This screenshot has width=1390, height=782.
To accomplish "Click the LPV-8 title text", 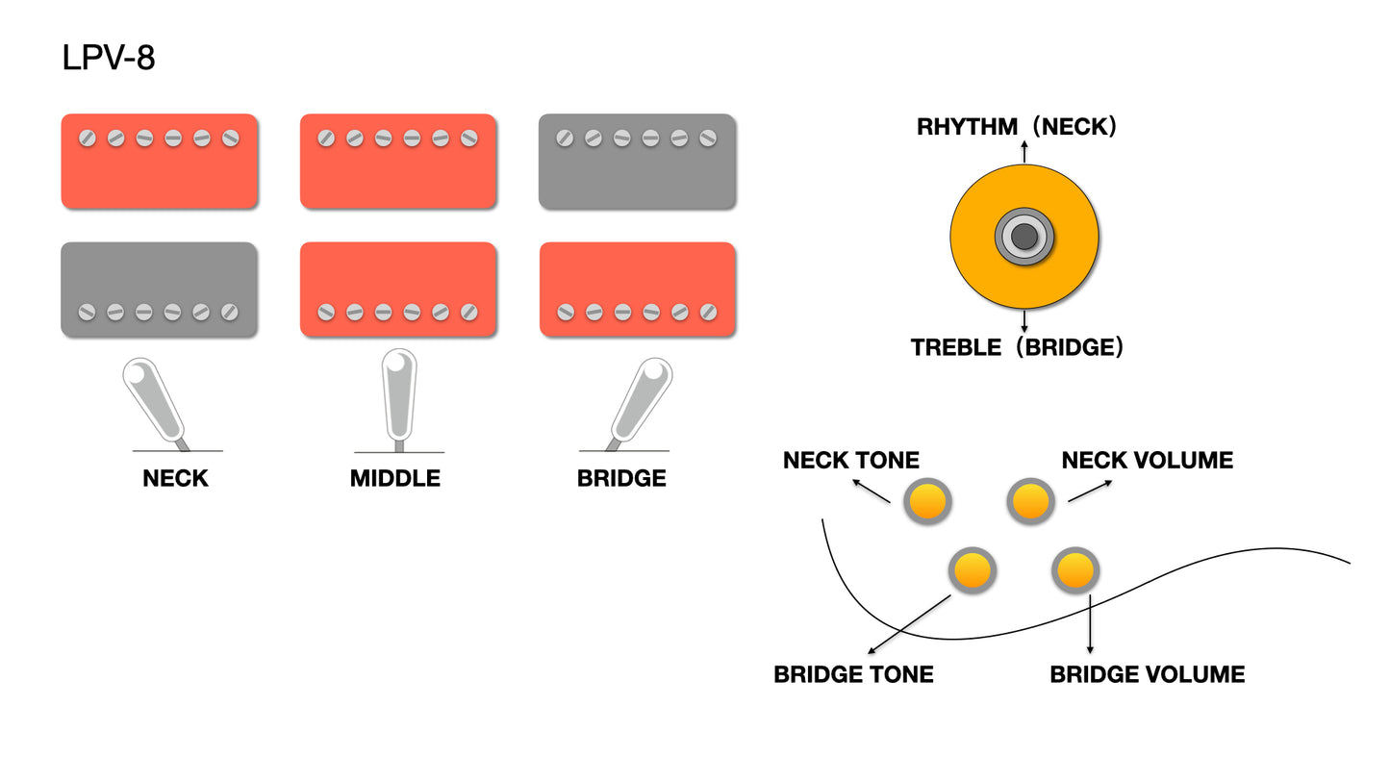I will (108, 59).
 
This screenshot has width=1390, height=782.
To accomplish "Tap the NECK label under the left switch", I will (175, 478).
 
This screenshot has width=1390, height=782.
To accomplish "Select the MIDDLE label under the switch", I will (395, 478).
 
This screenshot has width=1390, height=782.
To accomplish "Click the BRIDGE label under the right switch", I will (621, 478).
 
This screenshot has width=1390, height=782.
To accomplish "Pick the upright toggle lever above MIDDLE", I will (399, 394).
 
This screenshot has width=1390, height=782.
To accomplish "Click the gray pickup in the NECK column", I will (159, 290).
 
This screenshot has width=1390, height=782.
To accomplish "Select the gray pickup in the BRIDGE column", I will (637, 162).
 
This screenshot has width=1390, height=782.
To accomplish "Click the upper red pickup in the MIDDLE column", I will (398, 162).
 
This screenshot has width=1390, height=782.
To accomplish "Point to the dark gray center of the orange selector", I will (1024, 236).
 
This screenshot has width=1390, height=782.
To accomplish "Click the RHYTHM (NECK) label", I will (1017, 127).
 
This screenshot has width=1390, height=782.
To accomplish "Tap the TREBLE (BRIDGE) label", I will (1017, 347).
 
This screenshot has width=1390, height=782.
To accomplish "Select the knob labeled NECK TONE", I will (927, 501).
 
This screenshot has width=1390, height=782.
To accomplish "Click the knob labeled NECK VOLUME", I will (1030, 501).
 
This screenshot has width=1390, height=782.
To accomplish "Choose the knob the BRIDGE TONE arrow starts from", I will (972, 570).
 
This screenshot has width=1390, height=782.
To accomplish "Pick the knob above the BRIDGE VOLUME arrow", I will (1074, 571).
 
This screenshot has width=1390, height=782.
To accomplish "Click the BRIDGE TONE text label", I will (853, 674).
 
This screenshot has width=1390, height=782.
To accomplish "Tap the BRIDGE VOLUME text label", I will (1147, 674).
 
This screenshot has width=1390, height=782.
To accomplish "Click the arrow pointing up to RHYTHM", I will (1024, 151).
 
